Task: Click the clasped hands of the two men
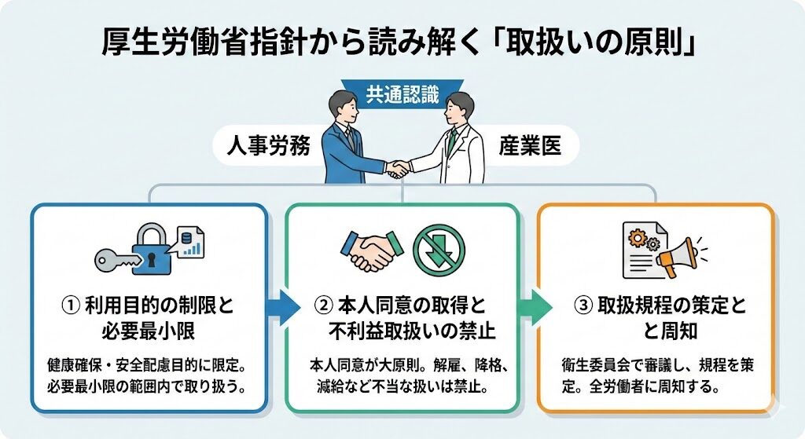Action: coord(398,167)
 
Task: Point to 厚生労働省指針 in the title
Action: coord(185,42)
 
